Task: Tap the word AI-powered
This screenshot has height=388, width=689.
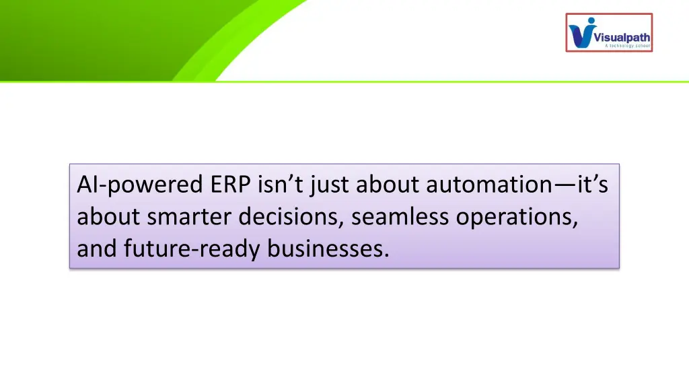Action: click(135, 185)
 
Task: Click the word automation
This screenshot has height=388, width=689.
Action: click(486, 185)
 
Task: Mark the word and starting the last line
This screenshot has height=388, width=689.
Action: click(97, 249)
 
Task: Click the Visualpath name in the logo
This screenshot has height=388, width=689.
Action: click(622, 38)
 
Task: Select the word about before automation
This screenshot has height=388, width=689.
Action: click(388, 185)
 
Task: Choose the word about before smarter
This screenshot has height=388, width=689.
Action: click(108, 217)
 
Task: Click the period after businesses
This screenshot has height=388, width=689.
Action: click(386, 256)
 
